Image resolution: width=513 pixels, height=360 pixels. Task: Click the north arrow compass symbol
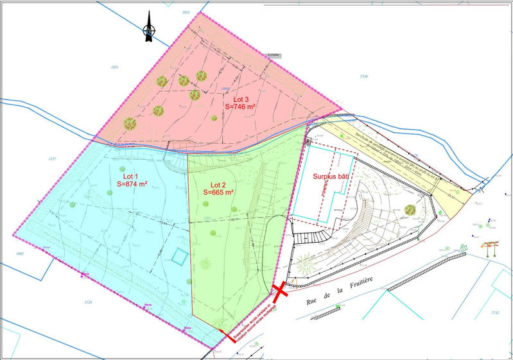pos(148,27)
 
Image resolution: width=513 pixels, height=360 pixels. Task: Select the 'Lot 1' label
pos(132,175)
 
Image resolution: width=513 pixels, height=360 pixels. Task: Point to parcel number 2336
pos(364,76)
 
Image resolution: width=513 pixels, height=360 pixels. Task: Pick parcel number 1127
pos(53,159)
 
